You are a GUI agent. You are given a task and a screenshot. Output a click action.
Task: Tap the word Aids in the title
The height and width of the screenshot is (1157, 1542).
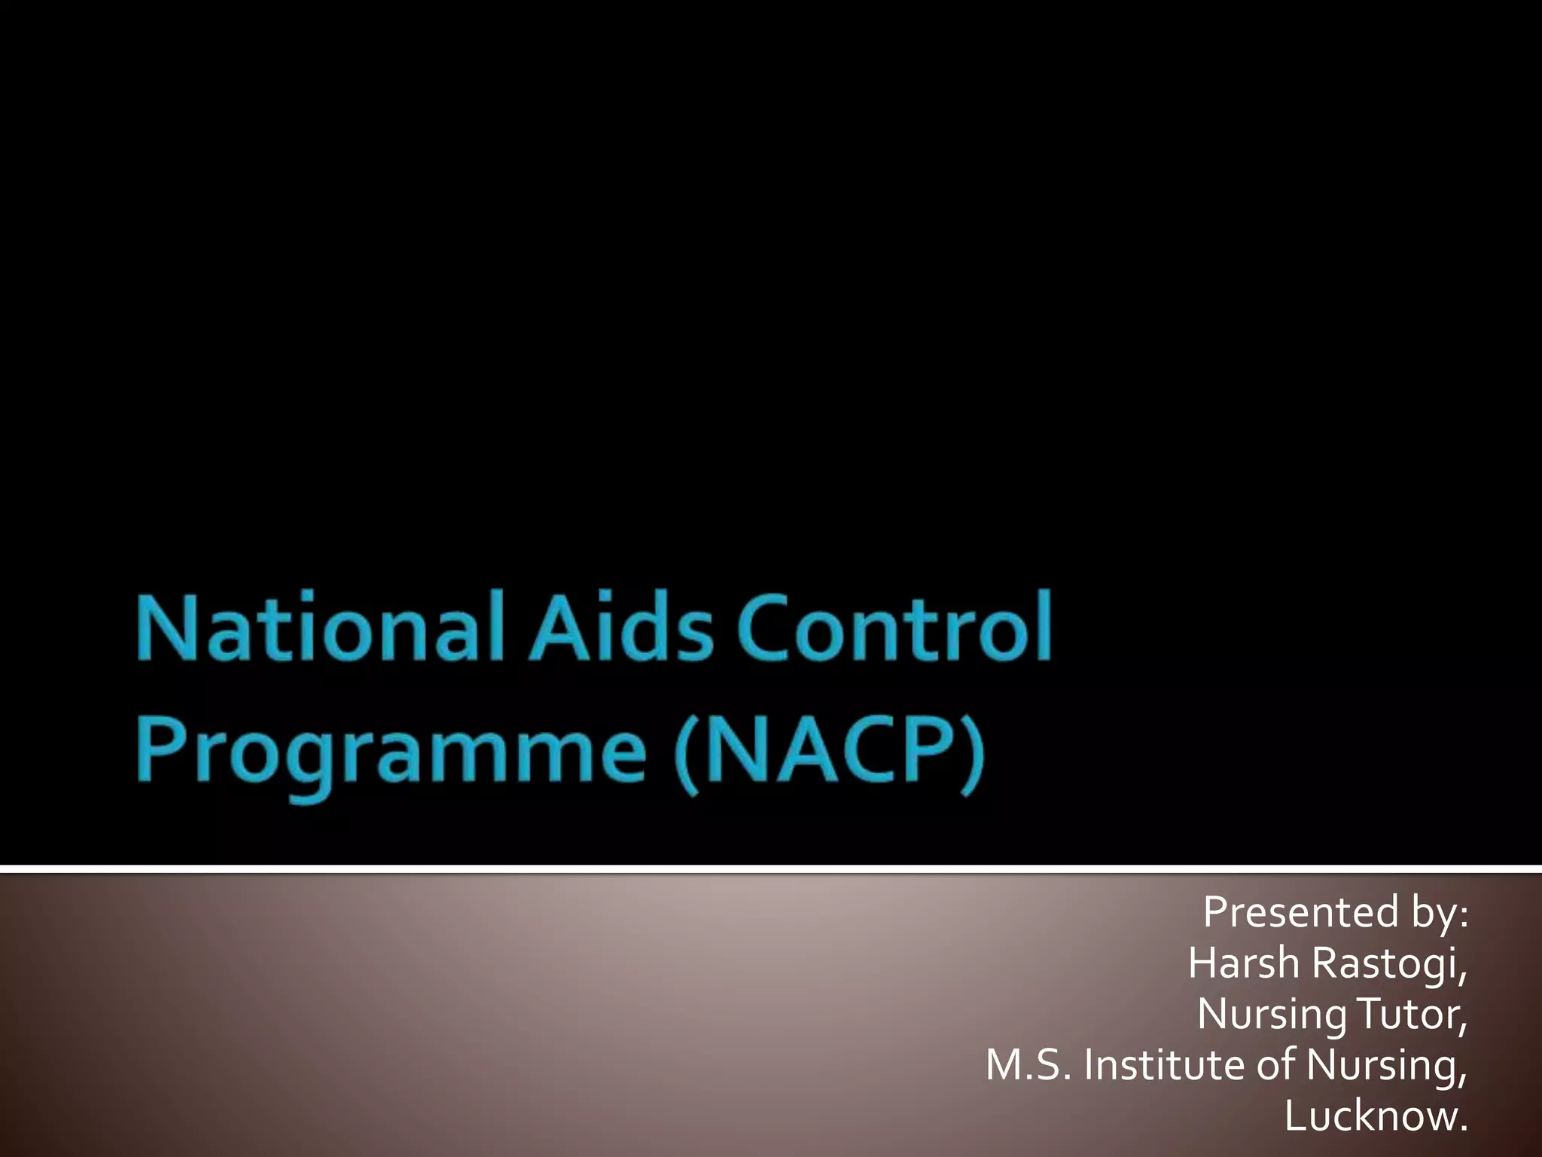(x=621, y=627)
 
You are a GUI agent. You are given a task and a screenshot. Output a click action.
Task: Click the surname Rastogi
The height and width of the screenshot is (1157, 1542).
(x=1389, y=964)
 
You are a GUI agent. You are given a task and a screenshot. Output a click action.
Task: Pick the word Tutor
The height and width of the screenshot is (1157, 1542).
(x=1411, y=1014)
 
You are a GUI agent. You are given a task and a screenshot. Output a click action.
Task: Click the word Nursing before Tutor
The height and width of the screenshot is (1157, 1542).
(x=1272, y=1015)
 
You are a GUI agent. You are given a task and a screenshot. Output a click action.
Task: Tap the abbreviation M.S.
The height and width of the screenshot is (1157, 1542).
(x=1029, y=1065)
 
